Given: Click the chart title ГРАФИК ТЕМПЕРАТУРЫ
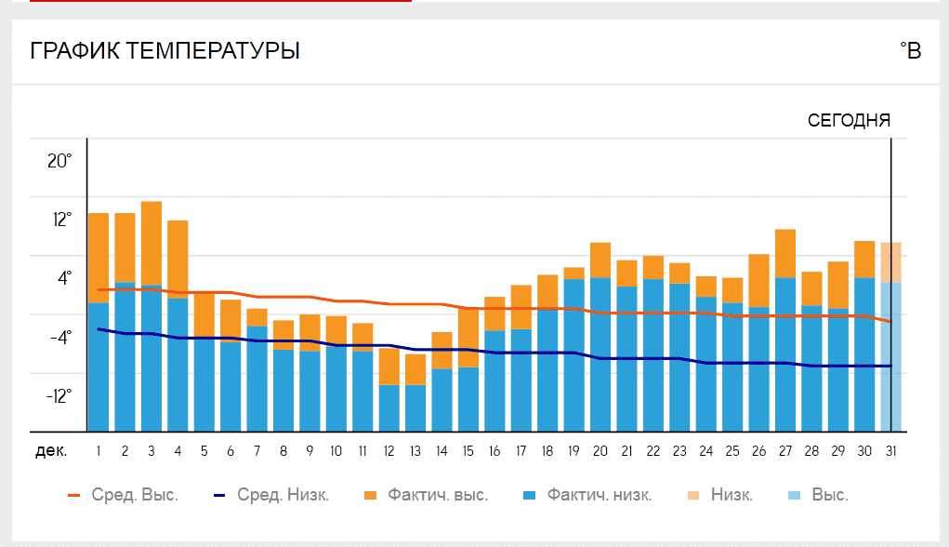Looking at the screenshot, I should [x=165, y=50].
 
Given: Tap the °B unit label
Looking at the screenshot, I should [x=910, y=50].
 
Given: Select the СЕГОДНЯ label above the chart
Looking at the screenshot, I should [x=849, y=120].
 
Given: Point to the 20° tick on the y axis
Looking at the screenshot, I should [x=59, y=161].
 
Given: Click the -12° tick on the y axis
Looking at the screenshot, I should [x=59, y=396].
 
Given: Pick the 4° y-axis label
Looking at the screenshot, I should [x=63, y=278].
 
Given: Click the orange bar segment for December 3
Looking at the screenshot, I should [x=152, y=243].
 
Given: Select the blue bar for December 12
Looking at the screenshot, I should [x=389, y=407].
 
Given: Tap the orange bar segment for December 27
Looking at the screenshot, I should [x=785, y=253].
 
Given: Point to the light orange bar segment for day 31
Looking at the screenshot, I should [x=891, y=262].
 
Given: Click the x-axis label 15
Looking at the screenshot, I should [x=468, y=451].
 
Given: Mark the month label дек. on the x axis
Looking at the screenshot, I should [x=51, y=451].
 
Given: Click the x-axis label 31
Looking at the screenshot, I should [x=891, y=451].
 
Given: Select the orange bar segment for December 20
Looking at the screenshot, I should [x=600, y=260].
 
